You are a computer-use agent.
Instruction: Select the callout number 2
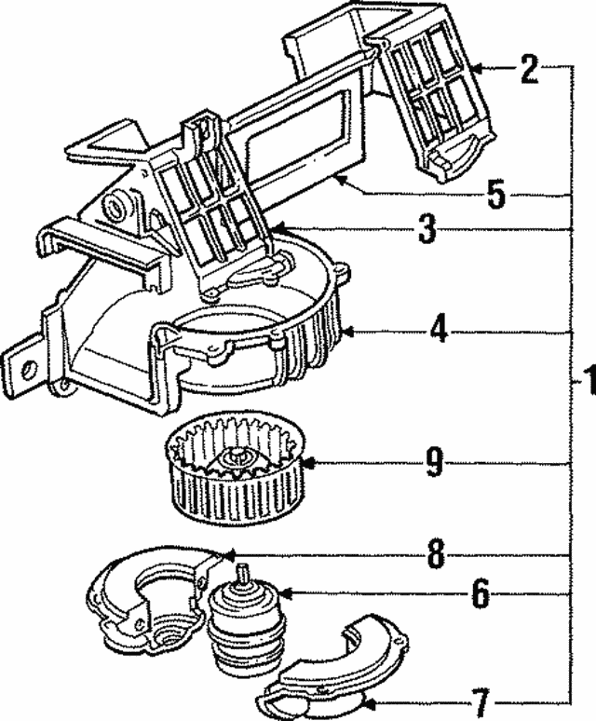[x=529, y=70]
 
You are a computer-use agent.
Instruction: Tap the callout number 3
[x=427, y=229]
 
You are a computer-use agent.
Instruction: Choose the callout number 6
[x=479, y=594]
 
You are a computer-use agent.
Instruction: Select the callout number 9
[x=434, y=463]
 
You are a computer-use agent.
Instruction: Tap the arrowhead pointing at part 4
[x=348, y=331]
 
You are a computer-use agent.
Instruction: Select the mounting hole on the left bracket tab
[x=26, y=367]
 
